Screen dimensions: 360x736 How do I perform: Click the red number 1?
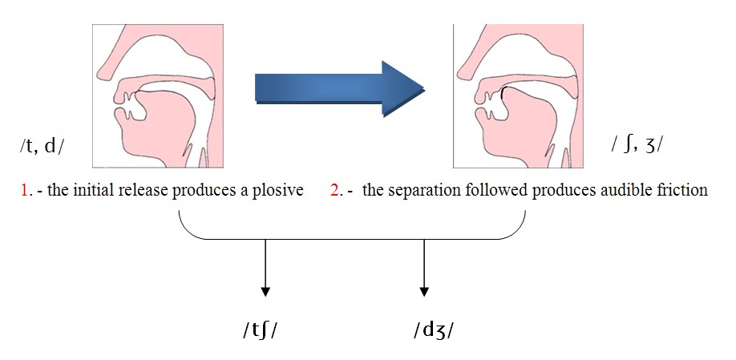(x=25, y=192)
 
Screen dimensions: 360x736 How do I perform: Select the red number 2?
(x=335, y=192)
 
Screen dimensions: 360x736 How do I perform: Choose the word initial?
(x=86, y=192)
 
